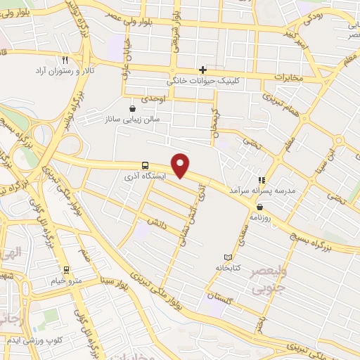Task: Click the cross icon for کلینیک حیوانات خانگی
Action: [x=202, y=70]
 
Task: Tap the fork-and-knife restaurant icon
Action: [x=65, y=60]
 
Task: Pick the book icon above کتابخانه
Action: [x=226, y=257]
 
